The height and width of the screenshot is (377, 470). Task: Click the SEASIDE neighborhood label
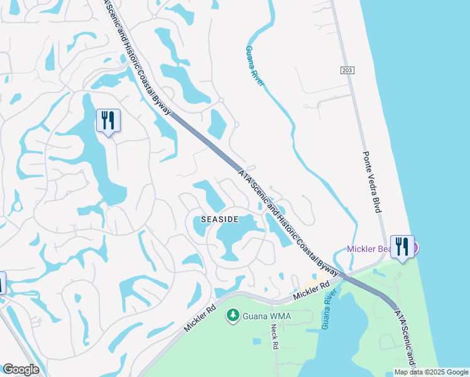(219, 219)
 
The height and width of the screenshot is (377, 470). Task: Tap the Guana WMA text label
(266, 315)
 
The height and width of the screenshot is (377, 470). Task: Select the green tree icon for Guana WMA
(233, 314)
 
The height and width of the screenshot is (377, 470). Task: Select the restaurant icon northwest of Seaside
(108, 120)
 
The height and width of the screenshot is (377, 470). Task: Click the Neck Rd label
(275, 337)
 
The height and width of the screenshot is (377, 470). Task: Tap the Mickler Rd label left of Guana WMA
(200, 319)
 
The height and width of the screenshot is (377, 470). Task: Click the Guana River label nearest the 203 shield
(253, 66)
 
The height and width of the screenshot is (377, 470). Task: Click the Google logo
(21, 369)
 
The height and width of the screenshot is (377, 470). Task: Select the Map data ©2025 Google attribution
(430, 372)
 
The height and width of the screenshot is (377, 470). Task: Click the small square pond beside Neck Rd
(256, 341)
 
